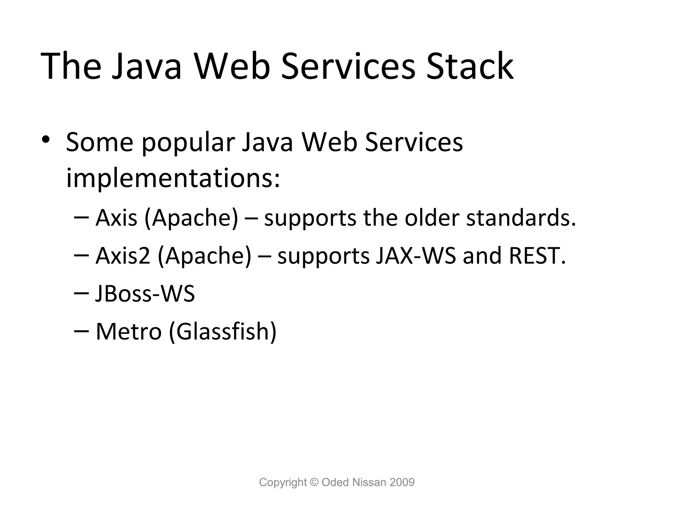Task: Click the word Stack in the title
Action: (470, 67)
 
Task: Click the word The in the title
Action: (70, 67)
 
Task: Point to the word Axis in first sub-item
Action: (116, 218)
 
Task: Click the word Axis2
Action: (123, 256)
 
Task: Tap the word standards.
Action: (521, 218)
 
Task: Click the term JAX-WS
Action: (416, 256)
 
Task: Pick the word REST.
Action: (537, 256)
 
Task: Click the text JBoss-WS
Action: (145, 294)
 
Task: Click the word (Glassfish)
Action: (222, 331)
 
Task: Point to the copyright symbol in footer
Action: (314, 482)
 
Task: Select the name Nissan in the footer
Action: (369, 482)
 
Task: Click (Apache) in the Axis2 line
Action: (204, 256)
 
